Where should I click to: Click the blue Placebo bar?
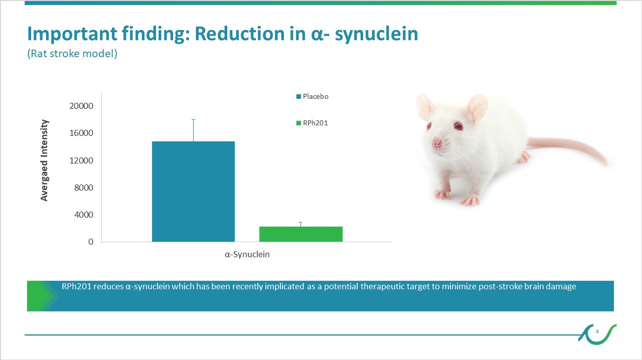pos(193,192)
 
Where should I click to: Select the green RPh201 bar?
pos(301,234)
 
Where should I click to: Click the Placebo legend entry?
pos(312,96)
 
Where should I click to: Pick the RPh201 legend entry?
pos(312,123)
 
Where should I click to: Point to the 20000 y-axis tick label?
pos(81,106)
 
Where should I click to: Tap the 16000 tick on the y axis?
pos(81,133)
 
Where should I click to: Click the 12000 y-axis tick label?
pos(81,160)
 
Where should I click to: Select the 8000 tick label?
pos(84,188)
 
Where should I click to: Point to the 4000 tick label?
pos(84,215)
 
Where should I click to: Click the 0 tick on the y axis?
pos(91,242)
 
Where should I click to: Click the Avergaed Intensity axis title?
pos(44,160)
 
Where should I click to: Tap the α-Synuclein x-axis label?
pos(247,255)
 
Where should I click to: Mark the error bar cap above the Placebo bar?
pos(194,119)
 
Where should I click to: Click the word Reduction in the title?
pos(240,34)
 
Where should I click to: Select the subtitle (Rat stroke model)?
pos(72,54)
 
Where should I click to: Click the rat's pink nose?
pos(436,142)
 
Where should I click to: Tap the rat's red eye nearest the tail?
pos(458,125)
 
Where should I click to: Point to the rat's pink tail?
pos(567,148)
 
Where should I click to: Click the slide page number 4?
pos(597,331)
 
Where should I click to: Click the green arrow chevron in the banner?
pos(43,296)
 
